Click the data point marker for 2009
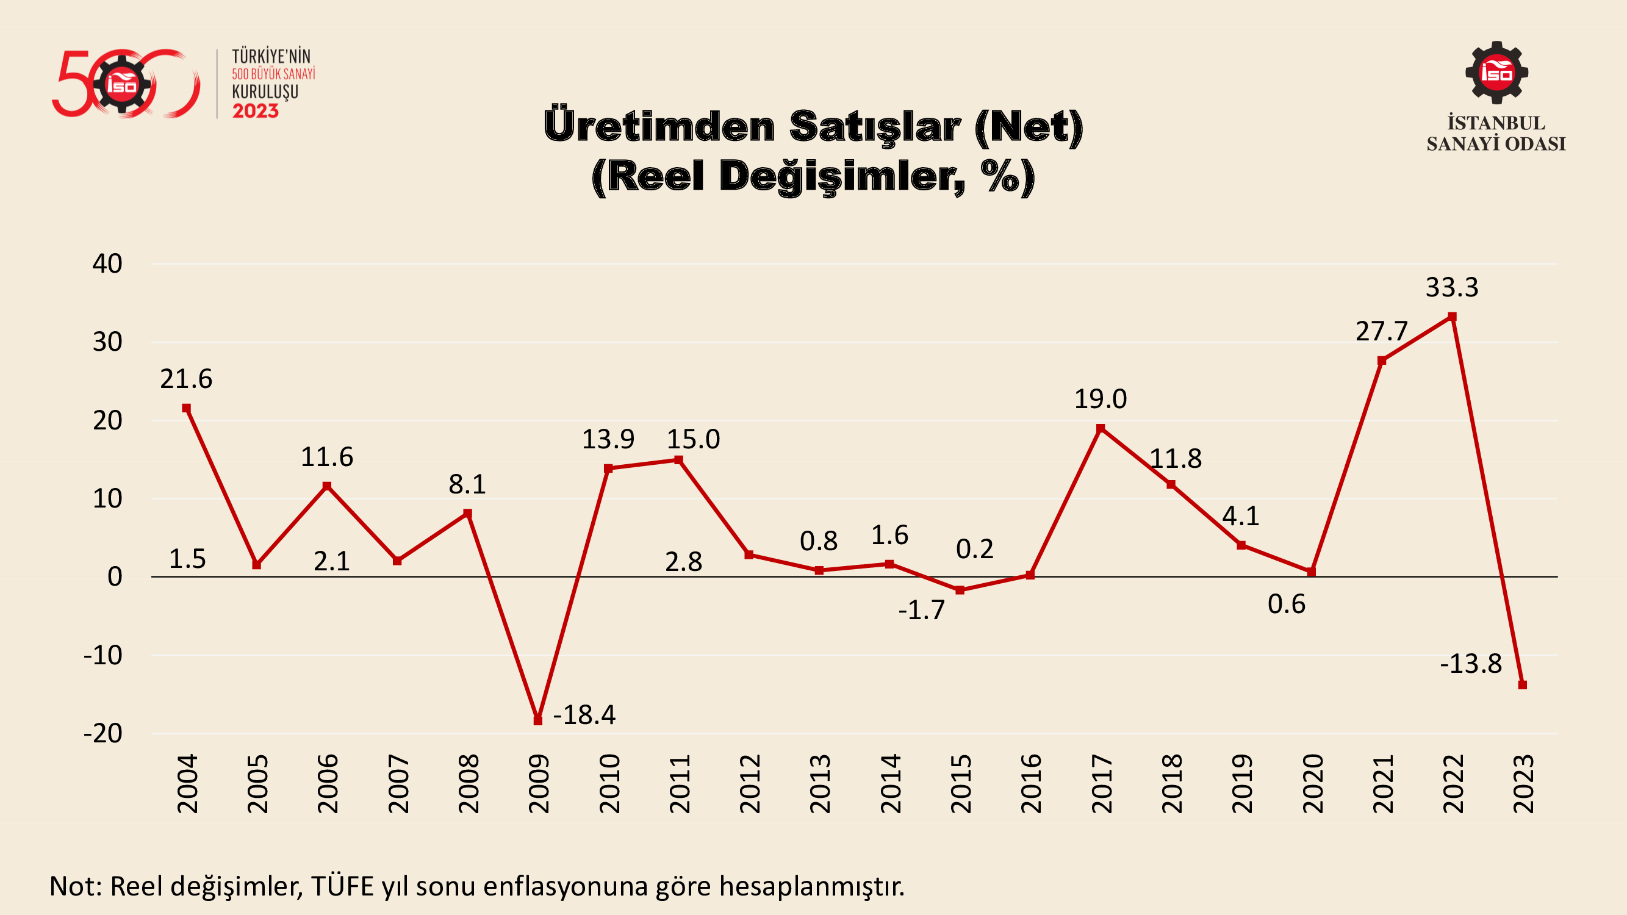[538, 720]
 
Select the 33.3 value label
[1452, 288]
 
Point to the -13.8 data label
[1471, 664]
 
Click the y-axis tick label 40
[107, 264]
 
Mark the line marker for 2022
[1452, 317]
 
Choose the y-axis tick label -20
[103, 734]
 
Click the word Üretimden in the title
[659, 126]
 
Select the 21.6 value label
[186, 379]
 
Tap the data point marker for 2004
[186, 409]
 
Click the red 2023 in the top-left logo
[255, 111]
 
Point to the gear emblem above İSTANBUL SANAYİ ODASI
[1496, 73]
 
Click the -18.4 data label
[584, 715]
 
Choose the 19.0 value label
[1101, 399]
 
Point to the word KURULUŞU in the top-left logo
[265, 92]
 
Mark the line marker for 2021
[1382, 361]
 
